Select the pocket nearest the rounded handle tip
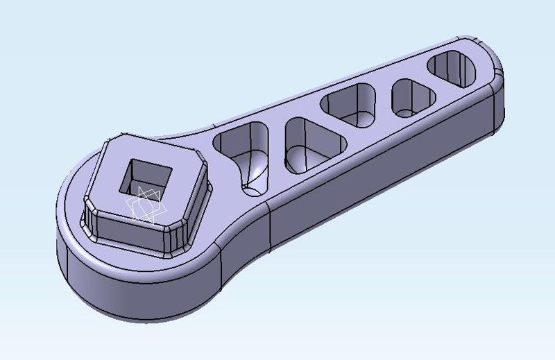pos(453,69)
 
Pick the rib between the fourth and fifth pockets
pos(423,80)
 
